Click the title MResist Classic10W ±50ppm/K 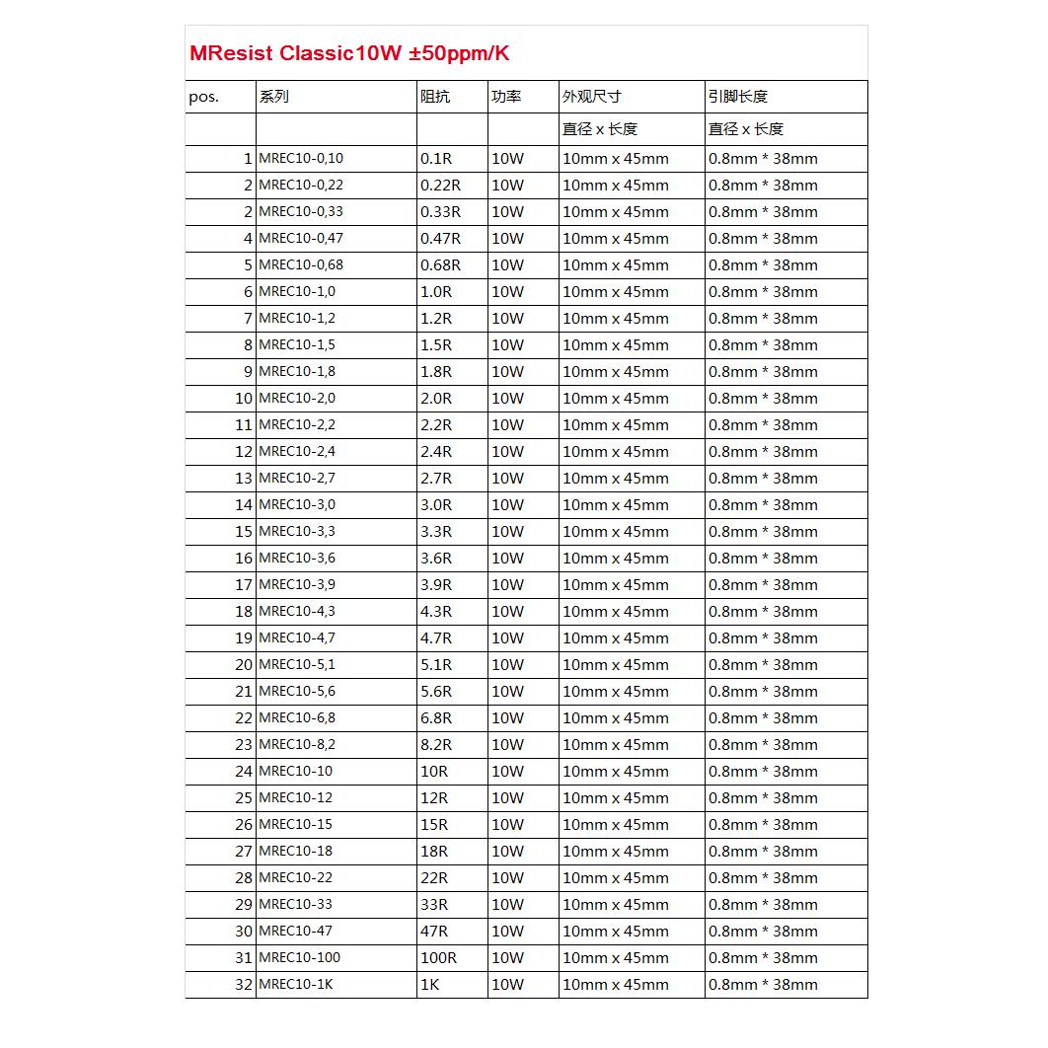[x=349, y=53]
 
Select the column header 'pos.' [x=203, y=97]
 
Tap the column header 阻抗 [x=434, y=97]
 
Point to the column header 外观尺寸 [x=591, y=97]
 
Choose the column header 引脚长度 [x=737, y=97]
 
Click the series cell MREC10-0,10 [x=301, y=159]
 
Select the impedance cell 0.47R [x=440, y=239]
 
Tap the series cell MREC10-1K [x=296, y=985]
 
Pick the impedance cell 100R [x=438, y=958]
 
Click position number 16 [x=244, y=559]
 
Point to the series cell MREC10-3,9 [x=297, y=585]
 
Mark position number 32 [x=244, y=985]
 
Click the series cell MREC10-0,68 [x=301, y=265]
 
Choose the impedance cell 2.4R [x=436, y=452]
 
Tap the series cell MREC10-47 [x=295, y=932]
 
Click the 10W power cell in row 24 [x=507, y=772]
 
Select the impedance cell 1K [x=429, y=985]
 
